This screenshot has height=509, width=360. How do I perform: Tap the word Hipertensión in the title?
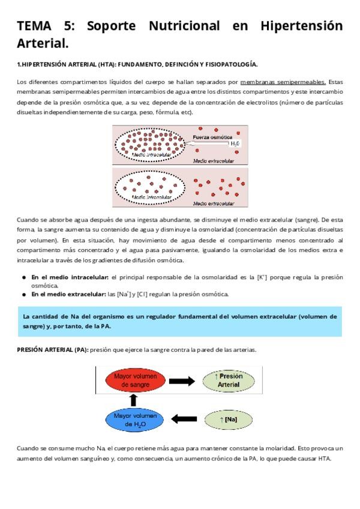click(x=301, y=26)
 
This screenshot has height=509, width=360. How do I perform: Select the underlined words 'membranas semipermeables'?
click(x=283, y=82)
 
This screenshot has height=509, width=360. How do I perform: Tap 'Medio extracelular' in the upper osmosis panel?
click(x=214, y=161)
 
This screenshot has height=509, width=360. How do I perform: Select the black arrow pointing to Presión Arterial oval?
click(x=182, y=381)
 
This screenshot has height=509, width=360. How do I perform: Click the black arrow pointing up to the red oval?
click(x=134, y=400)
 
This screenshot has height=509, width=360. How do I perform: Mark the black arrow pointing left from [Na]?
click(x=184, y=419)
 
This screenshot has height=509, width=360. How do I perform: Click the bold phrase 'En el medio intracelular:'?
click(x=69, y=277)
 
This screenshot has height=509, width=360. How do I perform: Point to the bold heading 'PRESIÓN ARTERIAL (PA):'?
click(x=53, y=349)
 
